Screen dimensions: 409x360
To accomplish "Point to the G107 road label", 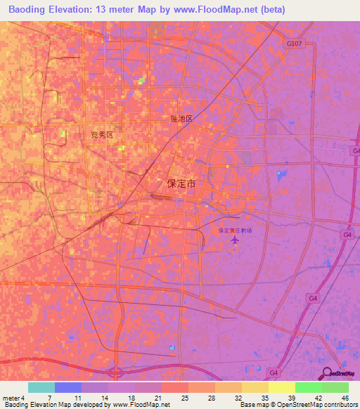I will click(295, 44).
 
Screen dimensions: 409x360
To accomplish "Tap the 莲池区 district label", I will click(181, 119).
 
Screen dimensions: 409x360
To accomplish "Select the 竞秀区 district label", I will click(102, 135).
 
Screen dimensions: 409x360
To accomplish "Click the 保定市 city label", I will click(181, 183).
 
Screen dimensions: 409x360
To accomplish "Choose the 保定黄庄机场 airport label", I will click(234, 231).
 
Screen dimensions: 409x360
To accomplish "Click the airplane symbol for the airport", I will click(234, 242).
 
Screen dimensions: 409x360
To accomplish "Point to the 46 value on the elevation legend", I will click(345, 398).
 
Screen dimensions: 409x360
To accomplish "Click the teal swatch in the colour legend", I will click(41, 387).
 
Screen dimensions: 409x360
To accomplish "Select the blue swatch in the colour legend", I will click(68, 387).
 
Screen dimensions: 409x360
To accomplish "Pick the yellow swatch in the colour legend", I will click(282, 387).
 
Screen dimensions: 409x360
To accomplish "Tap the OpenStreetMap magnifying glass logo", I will click(326, 374).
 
